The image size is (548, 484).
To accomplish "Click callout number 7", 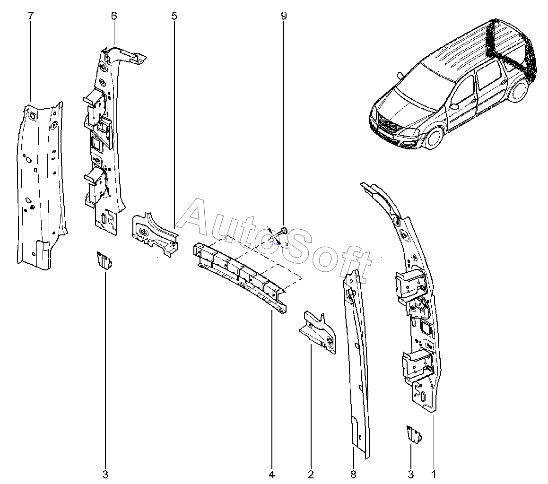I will point(31,16).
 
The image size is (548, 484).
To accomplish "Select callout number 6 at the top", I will point(114,16).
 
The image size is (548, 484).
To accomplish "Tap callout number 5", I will point(174,16).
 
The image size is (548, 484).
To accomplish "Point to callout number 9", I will point(284,16).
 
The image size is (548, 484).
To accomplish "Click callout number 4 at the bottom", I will point(272,474).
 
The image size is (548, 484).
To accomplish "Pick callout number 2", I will point(311,474).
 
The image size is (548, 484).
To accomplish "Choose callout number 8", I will point(354,474).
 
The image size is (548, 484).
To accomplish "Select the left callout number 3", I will point(105,474).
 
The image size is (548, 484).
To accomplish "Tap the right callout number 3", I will point(410,474).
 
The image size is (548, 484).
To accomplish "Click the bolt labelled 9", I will point(282,231).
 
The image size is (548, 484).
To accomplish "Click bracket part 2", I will point(319,331).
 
